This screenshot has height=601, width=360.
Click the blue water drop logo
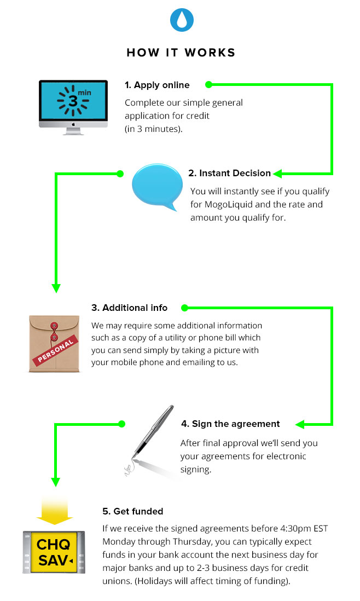(x=182, y=20)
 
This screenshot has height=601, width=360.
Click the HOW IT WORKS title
(x=181, y=53)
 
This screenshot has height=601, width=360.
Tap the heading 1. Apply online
(x=157, y=85)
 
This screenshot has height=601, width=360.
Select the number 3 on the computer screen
(x=73, y=101)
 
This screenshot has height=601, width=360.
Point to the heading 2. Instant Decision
(x=229, y=174)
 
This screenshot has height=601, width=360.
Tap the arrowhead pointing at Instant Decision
(x=278, y=174)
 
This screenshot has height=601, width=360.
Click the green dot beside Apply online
(x=209, y=85)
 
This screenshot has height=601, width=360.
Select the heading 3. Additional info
(x=130, y=308)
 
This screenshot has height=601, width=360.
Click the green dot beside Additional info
(x=184, y=308)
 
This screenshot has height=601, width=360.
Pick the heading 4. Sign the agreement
(x=230, y=424)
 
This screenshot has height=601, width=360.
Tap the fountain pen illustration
(x=150, y=440)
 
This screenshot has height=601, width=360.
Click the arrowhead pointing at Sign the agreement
(x=300, y=424)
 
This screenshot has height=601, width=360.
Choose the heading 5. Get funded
(x=132, y=511)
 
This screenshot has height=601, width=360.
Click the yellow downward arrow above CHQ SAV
(x=55, y=510)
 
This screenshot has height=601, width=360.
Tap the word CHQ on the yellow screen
(x=53, y=544)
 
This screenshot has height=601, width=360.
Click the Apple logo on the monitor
(x=73, y=124)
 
